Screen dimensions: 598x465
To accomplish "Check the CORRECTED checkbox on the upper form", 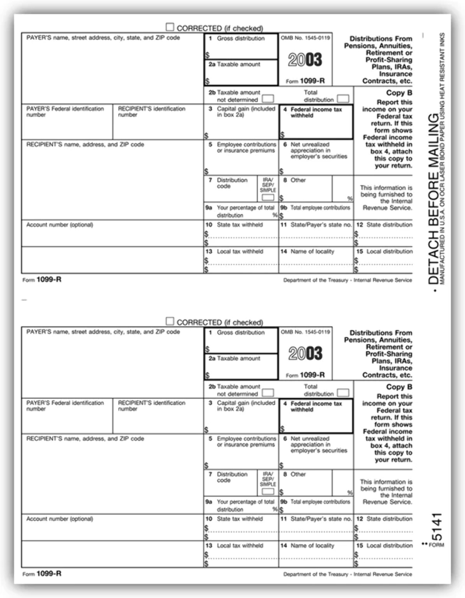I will (x=170, y=27).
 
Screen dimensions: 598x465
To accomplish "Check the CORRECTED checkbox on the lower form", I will (x=170, y=321).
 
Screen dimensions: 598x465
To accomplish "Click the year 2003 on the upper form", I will (x=305, y=59).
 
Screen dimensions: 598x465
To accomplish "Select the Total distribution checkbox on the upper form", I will (x=343, y=99).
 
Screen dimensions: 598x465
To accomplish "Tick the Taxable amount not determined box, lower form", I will (x=268, y=393).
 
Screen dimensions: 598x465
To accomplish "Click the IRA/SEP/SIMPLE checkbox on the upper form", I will (x=268, y=197).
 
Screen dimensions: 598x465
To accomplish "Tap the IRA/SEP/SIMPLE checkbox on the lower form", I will (x=268, y=491).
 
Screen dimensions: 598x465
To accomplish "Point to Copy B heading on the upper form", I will (x=399, y=93).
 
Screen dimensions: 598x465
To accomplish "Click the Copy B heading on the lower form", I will (x=399, y=387).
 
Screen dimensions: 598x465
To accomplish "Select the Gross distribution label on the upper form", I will (x=241, y=38).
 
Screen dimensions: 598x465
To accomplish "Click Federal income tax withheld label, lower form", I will (x=316, y=407).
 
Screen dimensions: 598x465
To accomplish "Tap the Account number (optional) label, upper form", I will (x=60, y=225).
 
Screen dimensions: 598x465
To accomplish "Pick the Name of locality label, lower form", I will (x=312, y=546).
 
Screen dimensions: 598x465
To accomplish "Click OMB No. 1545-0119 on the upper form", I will (x=305, y=38).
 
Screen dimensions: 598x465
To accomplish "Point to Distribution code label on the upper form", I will (x=232, y=183).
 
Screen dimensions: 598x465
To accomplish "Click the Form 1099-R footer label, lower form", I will (x=42, y=574).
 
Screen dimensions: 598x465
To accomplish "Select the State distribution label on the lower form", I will (x=389, y=519).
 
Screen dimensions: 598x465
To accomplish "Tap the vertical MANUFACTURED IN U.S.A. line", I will (x=442, y=158).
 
